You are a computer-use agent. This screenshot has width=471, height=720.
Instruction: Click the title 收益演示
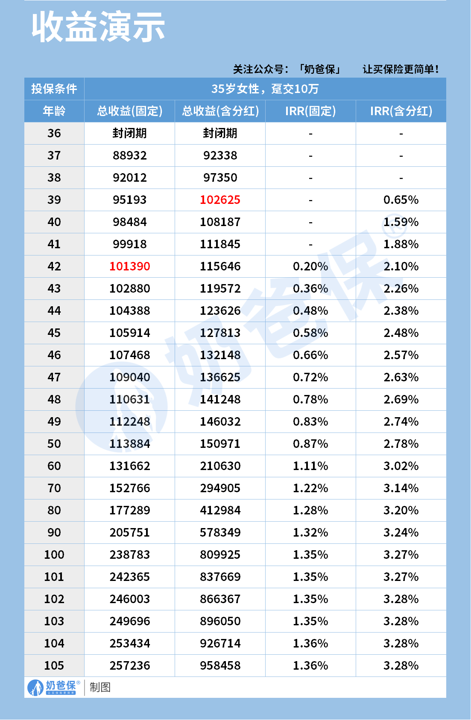coord(98,27)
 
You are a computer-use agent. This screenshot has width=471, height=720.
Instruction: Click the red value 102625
coord(220,200)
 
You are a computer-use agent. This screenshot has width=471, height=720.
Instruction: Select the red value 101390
coord(129,266)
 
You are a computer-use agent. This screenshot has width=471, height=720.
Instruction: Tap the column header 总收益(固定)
coord(129,111)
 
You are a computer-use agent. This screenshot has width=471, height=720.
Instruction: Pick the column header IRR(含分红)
coord(401,111)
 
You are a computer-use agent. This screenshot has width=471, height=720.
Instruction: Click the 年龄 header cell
coord(54,111)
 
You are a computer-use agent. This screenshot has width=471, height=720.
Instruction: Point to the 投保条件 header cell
coord(54,89)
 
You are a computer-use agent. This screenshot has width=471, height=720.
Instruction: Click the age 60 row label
coord(54,466)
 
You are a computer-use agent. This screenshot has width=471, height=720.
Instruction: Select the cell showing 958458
coord(220,665)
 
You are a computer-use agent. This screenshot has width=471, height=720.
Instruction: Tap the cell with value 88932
coord(129,155)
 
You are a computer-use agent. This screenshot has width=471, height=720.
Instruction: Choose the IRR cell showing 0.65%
coord(401,200)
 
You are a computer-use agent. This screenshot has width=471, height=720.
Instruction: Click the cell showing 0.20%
coord(310,266)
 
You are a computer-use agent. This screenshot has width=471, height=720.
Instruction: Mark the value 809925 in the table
coord(220,555)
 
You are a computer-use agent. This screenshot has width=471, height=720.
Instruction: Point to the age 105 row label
coord(54,665)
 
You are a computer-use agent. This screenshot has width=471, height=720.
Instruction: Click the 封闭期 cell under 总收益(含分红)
coord(220,133)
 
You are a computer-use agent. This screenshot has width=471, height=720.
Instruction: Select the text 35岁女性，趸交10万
coord(265,89)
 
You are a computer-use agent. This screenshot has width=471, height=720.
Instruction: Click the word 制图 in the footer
coord(100,687)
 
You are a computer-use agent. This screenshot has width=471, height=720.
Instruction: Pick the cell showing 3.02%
coord(401,466)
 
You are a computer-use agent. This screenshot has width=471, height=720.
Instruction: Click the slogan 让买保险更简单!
coord(401,69)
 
